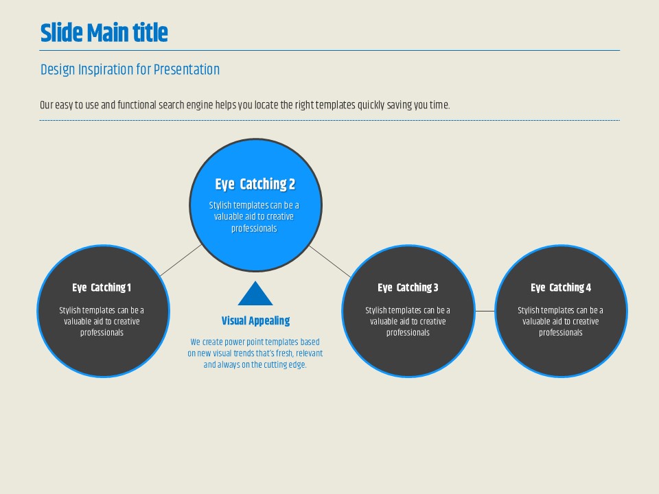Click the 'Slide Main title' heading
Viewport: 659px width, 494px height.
104,33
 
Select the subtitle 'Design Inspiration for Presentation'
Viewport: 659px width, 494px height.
130,70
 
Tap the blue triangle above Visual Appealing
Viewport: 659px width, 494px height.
255,293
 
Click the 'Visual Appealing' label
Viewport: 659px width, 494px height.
255,321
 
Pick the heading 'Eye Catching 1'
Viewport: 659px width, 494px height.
102,287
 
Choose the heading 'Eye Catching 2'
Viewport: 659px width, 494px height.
255,185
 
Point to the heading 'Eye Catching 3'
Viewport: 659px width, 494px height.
408,287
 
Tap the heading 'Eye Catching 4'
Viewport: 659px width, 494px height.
561,287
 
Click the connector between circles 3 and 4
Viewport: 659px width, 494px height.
485,311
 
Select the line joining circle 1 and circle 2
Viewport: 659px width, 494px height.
181,260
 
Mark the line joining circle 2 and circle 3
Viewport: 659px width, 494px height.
330,261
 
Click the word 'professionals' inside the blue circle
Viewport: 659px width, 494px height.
254,229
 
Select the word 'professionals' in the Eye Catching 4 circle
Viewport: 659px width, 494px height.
561,333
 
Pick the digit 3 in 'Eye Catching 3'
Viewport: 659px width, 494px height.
436,287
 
